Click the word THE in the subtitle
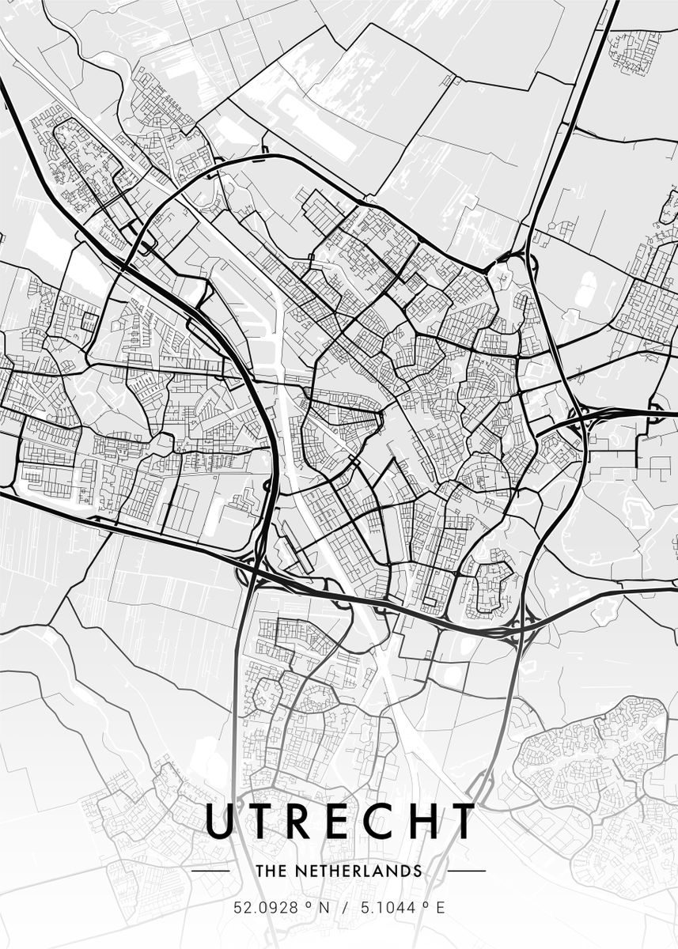(270, 871)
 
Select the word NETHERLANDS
(357, 871)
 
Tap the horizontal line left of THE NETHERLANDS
(211, 871)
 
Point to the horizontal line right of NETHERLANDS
(467, 871)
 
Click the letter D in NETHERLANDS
(407, 871)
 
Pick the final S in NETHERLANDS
(418, 871)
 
